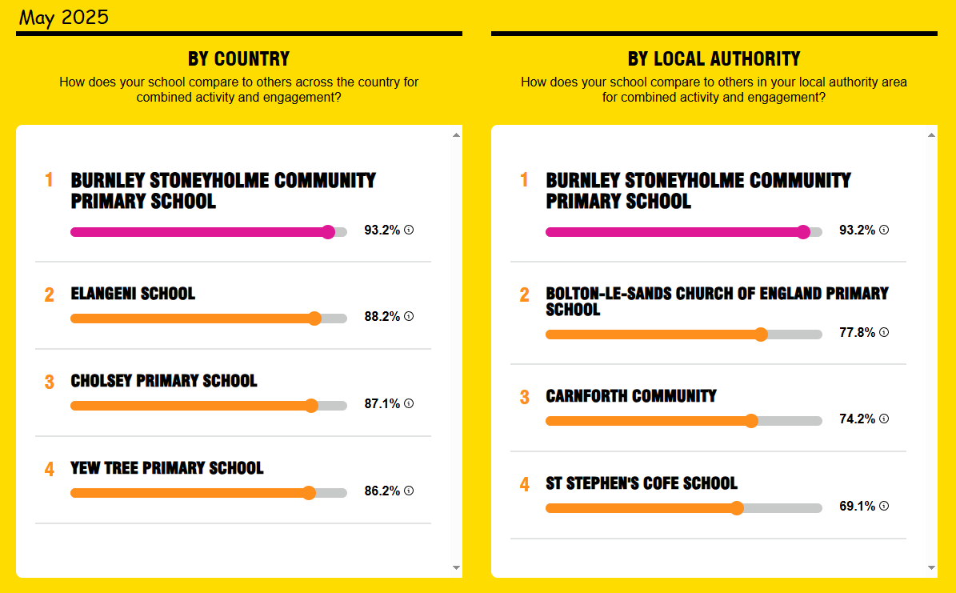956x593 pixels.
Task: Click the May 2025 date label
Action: [x=63, y=17]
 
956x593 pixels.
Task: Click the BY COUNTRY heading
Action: [x=239, y=58]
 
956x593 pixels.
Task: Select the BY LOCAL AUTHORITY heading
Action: [x=714, y=58]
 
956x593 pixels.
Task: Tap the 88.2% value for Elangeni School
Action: [x=382, y=317]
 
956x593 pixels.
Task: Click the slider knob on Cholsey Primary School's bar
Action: [x=311, y=406]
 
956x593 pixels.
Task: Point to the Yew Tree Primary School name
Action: [x=167, y=468]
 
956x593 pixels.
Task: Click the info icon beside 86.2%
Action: [x=409, y=491]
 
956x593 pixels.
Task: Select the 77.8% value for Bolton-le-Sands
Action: [x=858, y=332]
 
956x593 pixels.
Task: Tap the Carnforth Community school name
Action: [x=631, y=396]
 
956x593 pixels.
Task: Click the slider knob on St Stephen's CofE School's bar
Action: [x=737, y=508]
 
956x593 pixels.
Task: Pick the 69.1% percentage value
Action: [x=858, y=507]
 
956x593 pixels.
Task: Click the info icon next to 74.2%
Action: [x=884, y=419]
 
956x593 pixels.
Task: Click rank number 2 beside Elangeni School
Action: [x=50, y=295]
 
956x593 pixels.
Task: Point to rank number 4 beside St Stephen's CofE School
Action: [x=524, y=485]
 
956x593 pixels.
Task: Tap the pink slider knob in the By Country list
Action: [x=329, y=232]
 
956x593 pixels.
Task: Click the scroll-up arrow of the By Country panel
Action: [x=456, y=134]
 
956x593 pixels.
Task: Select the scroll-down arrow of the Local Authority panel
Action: [x=931, y=567]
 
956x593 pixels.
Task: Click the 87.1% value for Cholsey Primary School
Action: [x=382, y=404]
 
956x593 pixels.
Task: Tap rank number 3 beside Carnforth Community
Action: [x=524, y=398]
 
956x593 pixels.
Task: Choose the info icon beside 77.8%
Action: [x=884, y=332]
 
